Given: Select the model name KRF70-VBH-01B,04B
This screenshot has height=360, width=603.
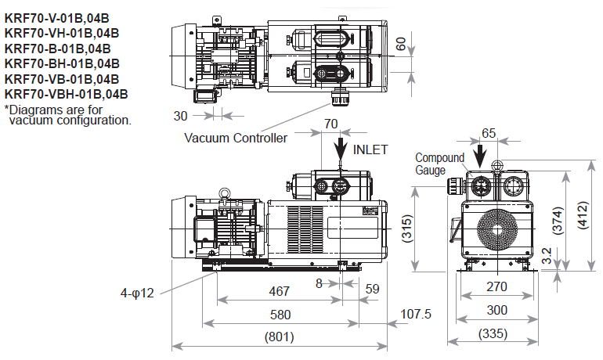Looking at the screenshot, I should pos(66,94).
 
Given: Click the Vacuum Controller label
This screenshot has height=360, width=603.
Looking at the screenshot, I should pos(235,138).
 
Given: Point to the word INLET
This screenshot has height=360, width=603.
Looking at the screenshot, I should pos(370,149).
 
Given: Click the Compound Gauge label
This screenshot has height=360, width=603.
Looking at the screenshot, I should pos(439,164).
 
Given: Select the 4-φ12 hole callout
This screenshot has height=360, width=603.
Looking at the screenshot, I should pos(139,293).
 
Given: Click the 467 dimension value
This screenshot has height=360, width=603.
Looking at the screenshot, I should pos(279,291).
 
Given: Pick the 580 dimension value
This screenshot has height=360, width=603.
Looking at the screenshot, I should pos(279,315).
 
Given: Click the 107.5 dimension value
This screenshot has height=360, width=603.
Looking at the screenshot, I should pos(415,315).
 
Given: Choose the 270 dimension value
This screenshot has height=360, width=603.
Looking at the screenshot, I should pos(496,286).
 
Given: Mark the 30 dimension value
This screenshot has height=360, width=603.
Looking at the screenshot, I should pos(180,115).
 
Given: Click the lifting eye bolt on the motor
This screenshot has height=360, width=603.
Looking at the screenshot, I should pos(226,193).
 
